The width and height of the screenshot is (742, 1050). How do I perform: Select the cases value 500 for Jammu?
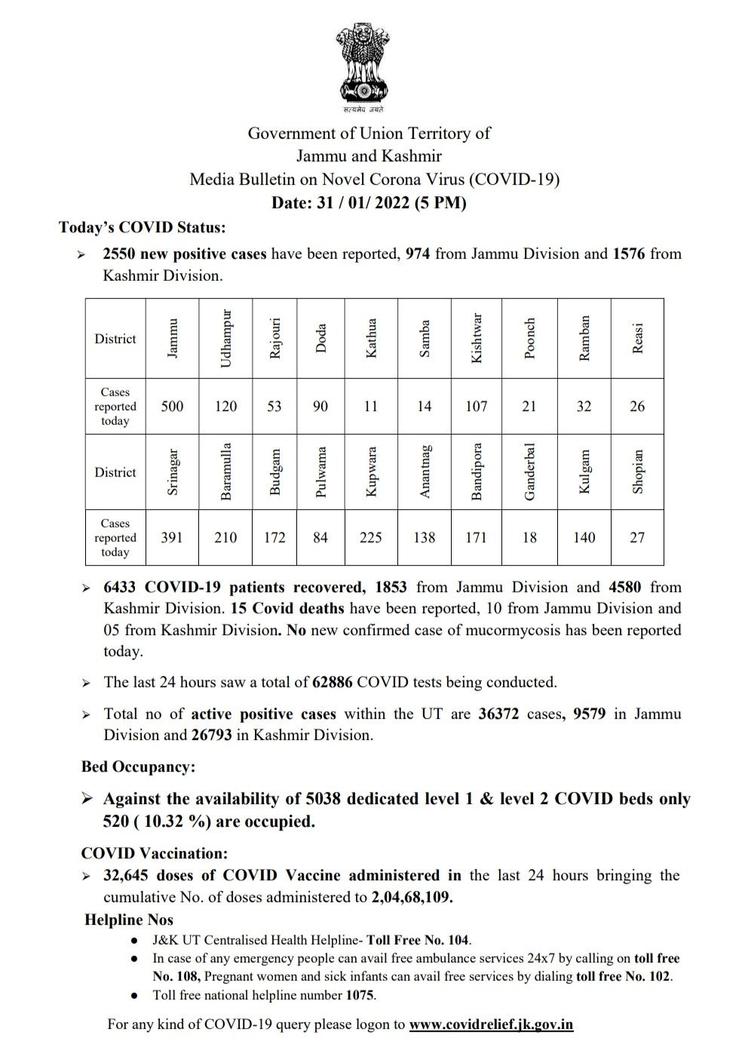(x=172, y=407)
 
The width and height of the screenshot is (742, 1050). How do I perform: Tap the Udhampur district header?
(x=225, y=339)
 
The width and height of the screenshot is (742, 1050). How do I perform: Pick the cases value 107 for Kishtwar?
(x=476, y=407)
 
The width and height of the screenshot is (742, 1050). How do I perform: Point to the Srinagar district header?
(x=172, y=471)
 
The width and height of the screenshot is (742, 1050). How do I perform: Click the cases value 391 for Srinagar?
(x=172, y=538)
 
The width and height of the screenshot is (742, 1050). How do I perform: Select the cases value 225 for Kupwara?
(x=370, y=538)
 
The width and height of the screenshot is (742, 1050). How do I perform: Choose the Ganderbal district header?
(x=529, y=471)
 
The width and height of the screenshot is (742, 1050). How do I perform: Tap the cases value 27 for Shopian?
(x=637, y=538)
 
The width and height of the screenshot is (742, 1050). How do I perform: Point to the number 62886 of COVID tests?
(x=333, y=683)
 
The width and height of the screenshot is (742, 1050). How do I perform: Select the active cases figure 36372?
(x=498, y=714)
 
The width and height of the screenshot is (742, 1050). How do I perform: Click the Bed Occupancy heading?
(x=138, y=767)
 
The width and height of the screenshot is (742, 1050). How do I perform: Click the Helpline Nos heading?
(x=129, y=920)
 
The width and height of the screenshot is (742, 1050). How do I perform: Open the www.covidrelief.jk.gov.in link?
(x=491, y=1024)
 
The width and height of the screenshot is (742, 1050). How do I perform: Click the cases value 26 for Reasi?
(x=637, y=407)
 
